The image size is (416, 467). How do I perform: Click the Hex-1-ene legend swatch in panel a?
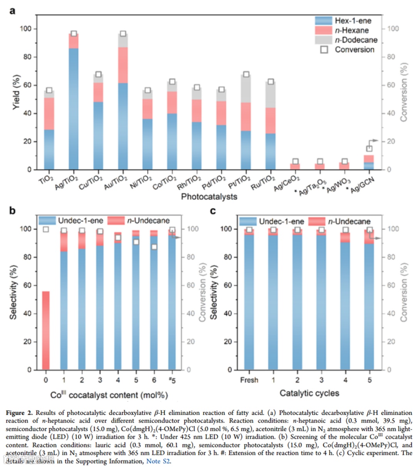(324, 21)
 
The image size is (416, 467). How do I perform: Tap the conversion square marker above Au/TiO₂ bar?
(123, 34)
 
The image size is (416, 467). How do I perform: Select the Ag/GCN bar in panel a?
(369, 162)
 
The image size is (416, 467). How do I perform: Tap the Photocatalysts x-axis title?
(209, 197)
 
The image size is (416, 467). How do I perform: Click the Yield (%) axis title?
(16, 95)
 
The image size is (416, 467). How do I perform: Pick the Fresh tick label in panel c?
(249, 380)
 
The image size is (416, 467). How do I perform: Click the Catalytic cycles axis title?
(309, 393)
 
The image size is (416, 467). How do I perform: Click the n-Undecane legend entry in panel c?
(349, 221)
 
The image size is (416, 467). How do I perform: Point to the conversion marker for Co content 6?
(154, 247)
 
